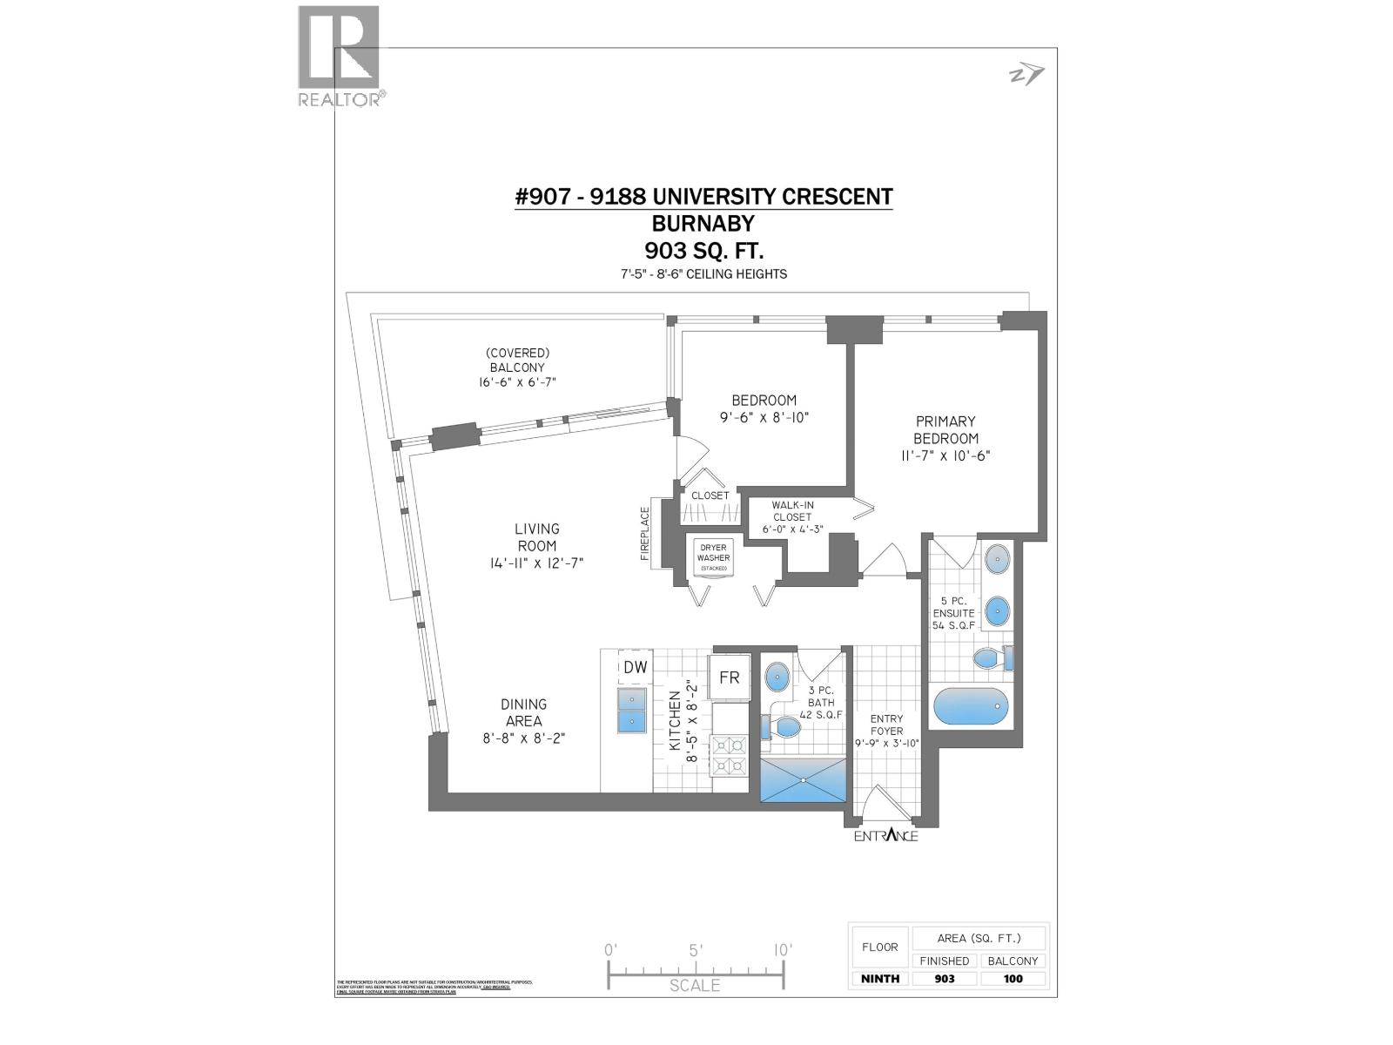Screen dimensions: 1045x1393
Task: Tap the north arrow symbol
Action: (x=1026, y=76)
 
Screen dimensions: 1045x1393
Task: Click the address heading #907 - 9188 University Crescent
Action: (x=703, y=197)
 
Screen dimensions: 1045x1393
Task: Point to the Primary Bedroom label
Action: (x=945, y=430)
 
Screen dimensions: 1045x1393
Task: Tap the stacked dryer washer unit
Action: (x=713, y=557)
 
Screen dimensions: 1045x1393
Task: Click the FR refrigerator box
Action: (x=729, y=677)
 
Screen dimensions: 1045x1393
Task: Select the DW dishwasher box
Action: (x=636, y=668)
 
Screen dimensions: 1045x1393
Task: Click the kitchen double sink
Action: (x=631, y=710)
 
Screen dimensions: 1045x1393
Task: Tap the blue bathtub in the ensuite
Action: (x=969, y=707)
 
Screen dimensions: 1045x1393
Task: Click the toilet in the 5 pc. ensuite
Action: (x=991, y=658)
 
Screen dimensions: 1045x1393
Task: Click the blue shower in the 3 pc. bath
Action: (x=803, y=779)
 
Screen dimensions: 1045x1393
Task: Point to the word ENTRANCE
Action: (x=885, y=836)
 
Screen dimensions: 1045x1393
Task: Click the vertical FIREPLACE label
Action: (x=645, y=533)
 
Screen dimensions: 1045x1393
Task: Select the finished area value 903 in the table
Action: (x=944, y=979)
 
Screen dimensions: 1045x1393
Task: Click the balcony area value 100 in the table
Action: (x=1013, y=979)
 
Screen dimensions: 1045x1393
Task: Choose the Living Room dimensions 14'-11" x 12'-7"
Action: (x=536, y=563)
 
